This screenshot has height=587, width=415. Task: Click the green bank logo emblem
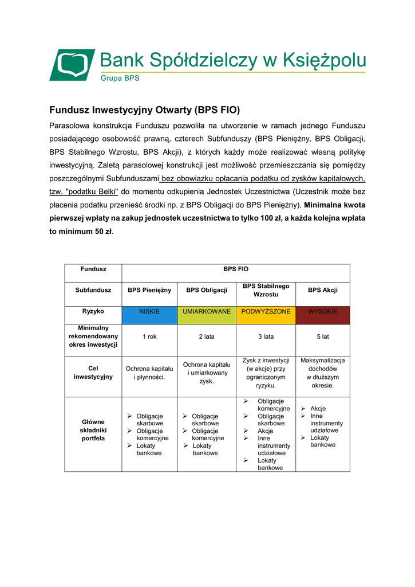72,64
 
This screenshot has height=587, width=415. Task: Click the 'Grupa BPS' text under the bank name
120,78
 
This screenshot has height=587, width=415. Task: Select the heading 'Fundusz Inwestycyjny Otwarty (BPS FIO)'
144,109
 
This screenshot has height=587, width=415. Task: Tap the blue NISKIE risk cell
149,312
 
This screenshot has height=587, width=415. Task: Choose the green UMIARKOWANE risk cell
207,312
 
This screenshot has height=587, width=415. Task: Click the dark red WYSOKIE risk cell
322,312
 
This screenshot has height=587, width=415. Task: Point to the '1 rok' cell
149,336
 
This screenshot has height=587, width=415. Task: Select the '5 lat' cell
322,336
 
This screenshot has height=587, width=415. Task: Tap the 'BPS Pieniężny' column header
149,290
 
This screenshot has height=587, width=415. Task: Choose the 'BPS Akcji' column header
322,290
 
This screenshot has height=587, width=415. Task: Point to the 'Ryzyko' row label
93,311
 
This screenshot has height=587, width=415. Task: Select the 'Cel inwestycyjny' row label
93,373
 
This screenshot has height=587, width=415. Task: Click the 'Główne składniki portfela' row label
93,430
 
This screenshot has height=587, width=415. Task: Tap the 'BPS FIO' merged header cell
235,268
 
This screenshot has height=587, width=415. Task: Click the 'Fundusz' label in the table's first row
93,268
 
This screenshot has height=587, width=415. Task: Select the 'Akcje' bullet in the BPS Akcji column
318,408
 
